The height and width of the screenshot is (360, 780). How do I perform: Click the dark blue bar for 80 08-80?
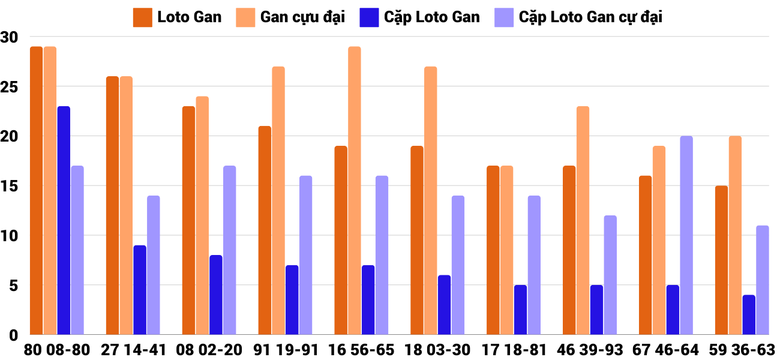click(x=64, y=220)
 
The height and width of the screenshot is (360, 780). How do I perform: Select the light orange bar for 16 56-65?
click(x=355, y=190)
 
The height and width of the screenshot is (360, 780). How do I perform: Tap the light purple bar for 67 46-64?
click(x=686, y=235)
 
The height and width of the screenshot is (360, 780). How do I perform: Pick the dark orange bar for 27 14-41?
click(x=112, y=205)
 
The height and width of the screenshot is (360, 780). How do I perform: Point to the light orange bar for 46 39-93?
click(x=583, y=220)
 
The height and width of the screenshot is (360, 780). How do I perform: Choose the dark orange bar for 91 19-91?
click(x=265, y=230)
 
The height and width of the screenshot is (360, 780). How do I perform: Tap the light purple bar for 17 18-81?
click(x=534, y=265)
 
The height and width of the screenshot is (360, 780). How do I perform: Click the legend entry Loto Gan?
click(x=178, y=17)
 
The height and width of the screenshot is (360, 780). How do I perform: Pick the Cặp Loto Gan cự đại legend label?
click(x=590, y=17)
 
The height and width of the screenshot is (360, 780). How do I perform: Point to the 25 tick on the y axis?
click(x=10, y=87)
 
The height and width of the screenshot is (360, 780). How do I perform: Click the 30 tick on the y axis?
click(x=10, y=37)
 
